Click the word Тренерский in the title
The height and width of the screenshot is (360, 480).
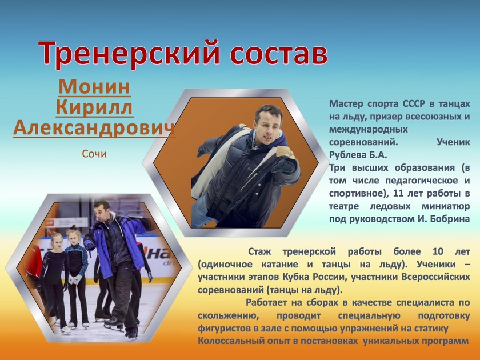(x=129, y=53)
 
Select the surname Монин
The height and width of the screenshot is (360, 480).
(x=94, y=87)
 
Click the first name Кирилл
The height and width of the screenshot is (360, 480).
(x=94, y=107)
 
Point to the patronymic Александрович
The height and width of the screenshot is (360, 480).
(x=94, y=127)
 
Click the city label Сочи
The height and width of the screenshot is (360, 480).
(x=94, y=154)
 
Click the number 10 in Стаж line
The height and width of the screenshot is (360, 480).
(x=438, y=251)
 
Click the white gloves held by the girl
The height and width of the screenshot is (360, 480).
(x=74, y=279)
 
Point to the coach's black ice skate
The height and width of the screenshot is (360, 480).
(x=114, y=323)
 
